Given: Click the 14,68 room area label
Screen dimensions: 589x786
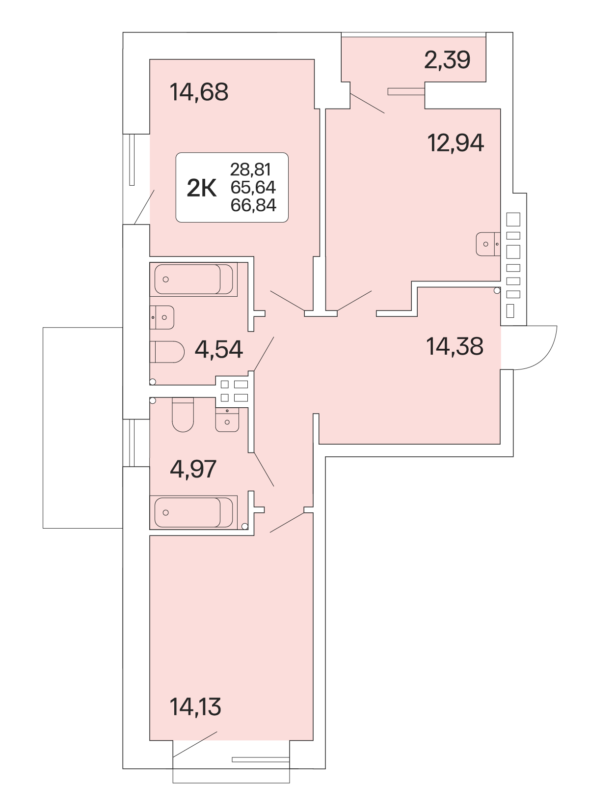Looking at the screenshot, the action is click(199, 92).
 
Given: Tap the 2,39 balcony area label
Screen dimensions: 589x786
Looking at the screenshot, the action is click(447, 60).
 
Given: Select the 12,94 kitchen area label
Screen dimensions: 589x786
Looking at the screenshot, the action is click(455, 143).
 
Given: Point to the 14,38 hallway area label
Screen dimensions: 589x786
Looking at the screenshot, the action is click(455, 347).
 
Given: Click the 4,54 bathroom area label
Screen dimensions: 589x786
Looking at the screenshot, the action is click(219, 349).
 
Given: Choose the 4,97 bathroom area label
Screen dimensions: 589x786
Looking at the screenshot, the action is click(193, 469).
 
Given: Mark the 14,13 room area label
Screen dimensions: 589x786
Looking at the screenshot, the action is click(195, 707).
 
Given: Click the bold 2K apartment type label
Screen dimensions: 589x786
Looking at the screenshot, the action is click(202, 189).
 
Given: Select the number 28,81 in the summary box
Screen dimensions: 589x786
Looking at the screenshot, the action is click(250, 169).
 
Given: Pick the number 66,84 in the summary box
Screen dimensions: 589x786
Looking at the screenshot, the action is click(254, 205).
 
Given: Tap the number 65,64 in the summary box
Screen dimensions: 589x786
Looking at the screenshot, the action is click(253, 187).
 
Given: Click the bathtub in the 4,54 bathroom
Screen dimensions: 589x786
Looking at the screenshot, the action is click(193, 280).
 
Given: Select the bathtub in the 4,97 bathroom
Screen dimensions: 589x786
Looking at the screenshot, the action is click(193, 513).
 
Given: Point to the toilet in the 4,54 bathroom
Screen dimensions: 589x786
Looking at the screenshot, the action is click(167, 352).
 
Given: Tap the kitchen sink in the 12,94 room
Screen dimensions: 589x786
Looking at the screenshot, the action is click(488, 244).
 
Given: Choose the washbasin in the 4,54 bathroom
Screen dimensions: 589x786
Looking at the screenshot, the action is click(162, 317).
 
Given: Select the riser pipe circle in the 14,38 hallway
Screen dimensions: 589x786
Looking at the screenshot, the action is click(497, 290).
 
